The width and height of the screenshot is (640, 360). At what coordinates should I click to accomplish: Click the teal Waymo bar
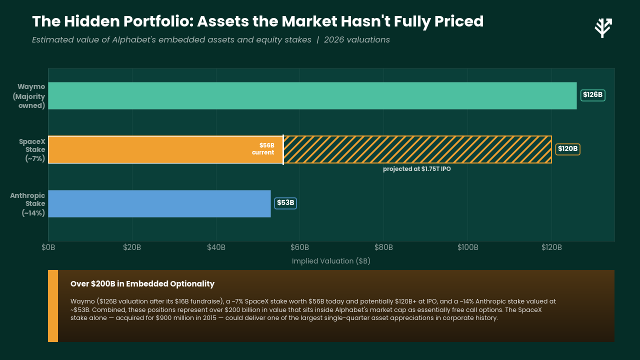pyautogui.click(x=312, y=95)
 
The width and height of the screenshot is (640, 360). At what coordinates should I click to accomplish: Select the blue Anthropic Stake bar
pyautogui.click(x=159, y=203)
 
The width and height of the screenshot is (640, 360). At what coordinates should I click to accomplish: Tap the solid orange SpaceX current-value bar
pyautogui.click(x=165, y=149)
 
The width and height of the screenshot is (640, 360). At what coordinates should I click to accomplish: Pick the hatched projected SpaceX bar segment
pyautogui.click(x=417, y=149)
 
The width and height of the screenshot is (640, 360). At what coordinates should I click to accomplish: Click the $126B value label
pyautogui.click(x=593, y=95)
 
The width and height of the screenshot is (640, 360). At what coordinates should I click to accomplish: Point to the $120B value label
pyautogui.click(x=567, y=149)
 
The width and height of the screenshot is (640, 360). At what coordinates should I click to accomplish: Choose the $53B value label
pyautogui.click(x=285, y=203)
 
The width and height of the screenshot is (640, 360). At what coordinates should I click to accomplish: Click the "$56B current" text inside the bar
pyautogui.click(x=263, y=149)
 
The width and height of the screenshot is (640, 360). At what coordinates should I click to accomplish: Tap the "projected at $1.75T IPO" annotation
pyautogui.click(x=417, y=169)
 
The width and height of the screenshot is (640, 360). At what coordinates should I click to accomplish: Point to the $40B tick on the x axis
pyautogui.click(x=216, y=247)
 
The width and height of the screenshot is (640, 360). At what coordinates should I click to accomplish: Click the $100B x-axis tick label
pyautogui.click(x=467, y=247)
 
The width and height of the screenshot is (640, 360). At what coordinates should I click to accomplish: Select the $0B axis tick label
pyautogui.click(x=48, y=247)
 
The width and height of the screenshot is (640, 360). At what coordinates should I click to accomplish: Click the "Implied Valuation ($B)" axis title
pyautogui.click(x=331, y=261)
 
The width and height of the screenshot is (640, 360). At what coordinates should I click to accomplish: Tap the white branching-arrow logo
pyautogui.click(x=603, y=27)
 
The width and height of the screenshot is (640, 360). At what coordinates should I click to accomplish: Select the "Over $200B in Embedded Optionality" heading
pyautogui.click(x=142, y=283)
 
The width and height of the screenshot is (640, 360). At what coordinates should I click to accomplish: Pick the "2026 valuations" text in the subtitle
pyautogui.click(x=357, y=39)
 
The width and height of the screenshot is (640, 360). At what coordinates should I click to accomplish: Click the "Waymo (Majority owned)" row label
pyautogui.click(x=29, y=96)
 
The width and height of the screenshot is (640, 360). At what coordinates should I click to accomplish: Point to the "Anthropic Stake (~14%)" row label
pyautogui.click(x=27, y=204)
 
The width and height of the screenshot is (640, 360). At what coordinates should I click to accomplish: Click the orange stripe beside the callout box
pyautogui.click(x=53, y=306)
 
